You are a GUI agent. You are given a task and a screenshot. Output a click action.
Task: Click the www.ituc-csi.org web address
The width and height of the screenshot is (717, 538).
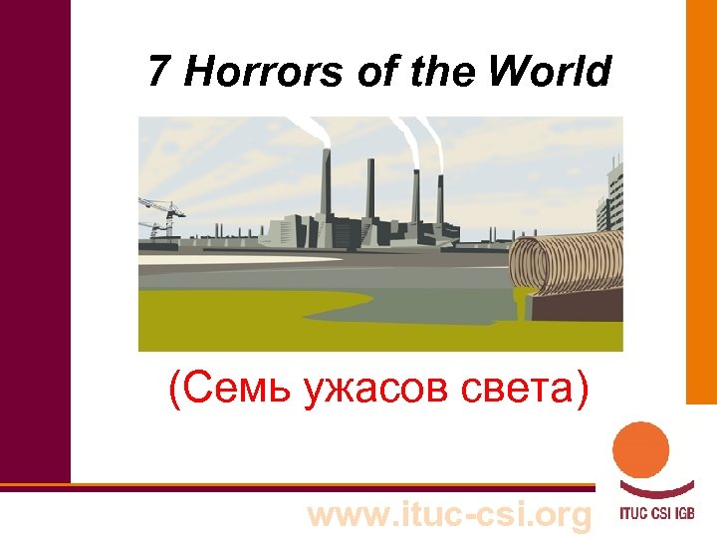[x=450, y=515]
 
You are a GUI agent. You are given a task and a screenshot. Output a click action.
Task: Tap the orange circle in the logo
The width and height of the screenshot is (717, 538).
[x=641, y=449]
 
